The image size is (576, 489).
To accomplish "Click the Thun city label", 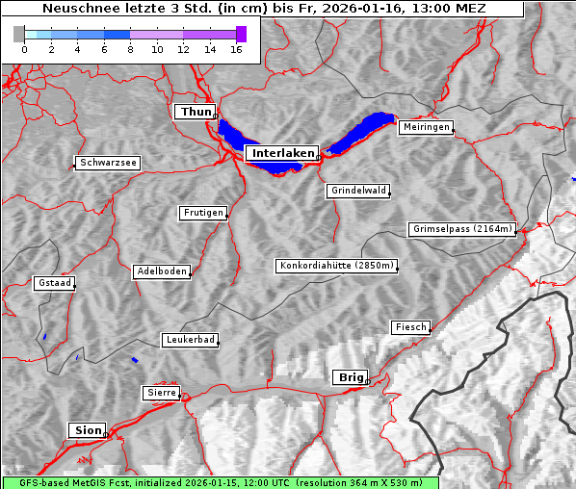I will point(196,113).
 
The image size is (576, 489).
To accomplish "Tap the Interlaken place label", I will point(282,153).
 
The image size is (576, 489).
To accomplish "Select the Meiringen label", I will point(425,127).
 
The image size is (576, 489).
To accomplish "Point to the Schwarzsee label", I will point(108,163).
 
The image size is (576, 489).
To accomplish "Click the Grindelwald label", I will point(358,191).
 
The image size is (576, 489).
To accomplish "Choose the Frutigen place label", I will point(202,213).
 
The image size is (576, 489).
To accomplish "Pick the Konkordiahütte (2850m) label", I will point(336,266).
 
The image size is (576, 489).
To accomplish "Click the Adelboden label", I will point(161,271).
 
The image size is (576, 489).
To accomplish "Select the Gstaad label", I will point(54,283).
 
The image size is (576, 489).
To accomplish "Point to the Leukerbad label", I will point(189,340).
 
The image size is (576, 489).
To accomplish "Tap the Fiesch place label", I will point(409,327).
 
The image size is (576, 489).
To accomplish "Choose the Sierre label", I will point(161,393).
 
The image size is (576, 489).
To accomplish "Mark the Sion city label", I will point(87,429).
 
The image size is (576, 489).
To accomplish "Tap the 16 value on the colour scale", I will point(236,49).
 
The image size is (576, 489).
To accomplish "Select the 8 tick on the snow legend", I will point(130,49).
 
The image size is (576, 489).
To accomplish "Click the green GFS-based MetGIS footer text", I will point(221,482).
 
